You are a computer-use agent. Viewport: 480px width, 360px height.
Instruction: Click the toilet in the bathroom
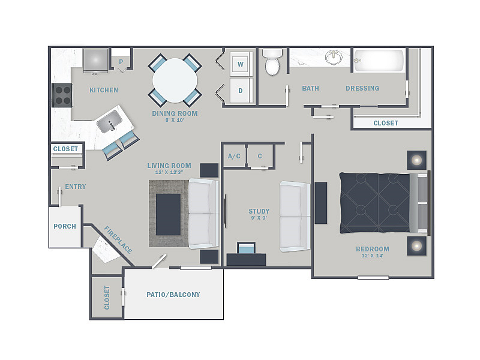(272, 62)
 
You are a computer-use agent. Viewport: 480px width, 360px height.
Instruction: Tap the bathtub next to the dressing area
(379, 61)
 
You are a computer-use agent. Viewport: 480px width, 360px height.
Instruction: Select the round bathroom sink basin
(334, 57)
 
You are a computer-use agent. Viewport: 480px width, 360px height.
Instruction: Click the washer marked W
(241, 64)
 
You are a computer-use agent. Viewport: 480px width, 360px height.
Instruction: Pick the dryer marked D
(241, 91)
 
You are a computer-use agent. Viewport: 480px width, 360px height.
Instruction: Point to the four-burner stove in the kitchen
(62, 95)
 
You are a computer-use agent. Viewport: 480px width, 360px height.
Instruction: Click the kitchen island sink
(110, 122)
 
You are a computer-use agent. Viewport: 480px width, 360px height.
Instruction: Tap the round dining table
(175, 80)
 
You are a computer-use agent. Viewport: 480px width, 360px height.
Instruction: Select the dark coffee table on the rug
(168, 214)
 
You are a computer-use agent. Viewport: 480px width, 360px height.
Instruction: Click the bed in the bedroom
(385, 203)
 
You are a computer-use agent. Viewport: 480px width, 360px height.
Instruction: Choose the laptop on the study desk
(246, 248)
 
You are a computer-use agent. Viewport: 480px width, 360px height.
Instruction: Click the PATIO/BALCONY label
(173, 295)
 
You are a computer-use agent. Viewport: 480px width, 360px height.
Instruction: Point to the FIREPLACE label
(118, 240)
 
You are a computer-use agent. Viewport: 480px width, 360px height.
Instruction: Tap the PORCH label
(65, 226)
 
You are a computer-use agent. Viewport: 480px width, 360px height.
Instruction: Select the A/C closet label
(234, 156)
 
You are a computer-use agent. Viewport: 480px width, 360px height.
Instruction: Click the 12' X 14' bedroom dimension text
(372, 256)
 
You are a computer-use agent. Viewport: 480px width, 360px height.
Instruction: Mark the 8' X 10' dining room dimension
(175, 120)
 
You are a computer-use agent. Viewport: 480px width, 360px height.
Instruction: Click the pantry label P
(121, 62)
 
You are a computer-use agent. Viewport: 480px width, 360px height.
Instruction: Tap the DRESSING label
(362, 88)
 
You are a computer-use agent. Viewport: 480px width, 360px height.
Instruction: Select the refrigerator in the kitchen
(95, 61)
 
